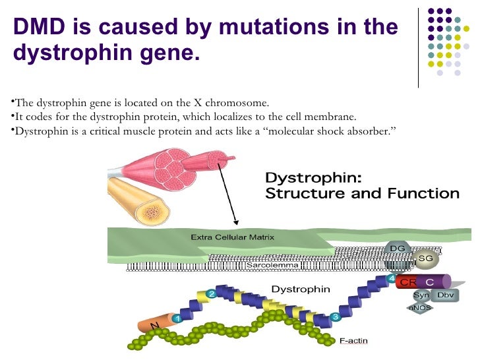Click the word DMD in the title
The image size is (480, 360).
(41, 28)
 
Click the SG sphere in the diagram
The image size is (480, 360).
(425, 259)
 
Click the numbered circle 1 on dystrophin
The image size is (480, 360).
(177, 318)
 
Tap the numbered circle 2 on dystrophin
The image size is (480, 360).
(212, 293)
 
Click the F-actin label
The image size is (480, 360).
(353, 341)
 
